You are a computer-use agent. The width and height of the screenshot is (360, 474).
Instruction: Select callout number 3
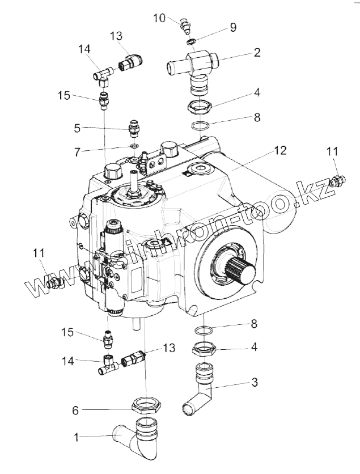255,383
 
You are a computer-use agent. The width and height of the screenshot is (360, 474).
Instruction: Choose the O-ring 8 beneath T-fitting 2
198,124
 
